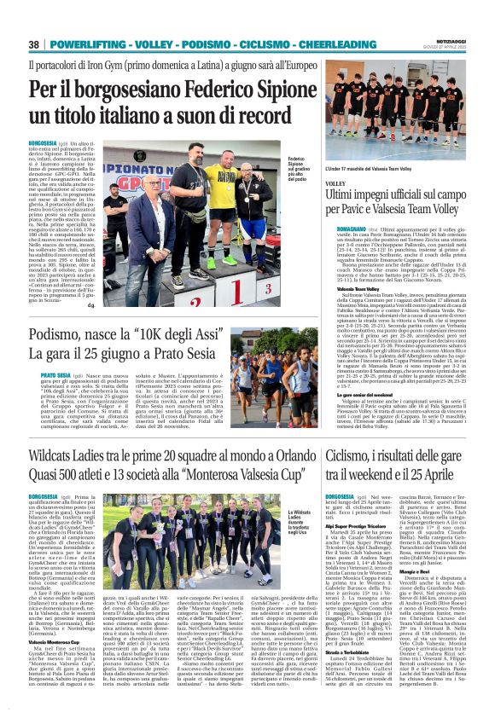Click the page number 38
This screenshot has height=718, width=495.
pyautogui.click(x=34, y=43)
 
